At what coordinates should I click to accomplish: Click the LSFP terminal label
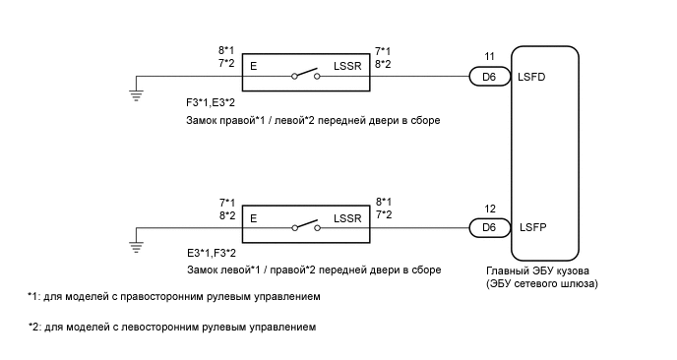pyautogui.click(x=531, y=226)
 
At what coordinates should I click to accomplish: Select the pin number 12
pyautogui.click(x=489, y=208)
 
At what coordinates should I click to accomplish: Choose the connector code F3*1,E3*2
pyautogui.click(x=211, y=101)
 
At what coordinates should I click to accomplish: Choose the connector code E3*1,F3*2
pyautogui.click(x=211, y=254)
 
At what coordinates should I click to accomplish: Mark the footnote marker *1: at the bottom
pyautogui.click(x=35, y=296)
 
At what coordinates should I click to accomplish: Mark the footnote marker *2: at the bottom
pyautogui.click(x=35, y=327)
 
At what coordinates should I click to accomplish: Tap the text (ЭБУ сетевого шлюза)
pyautogui.click(x=541, y=283)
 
